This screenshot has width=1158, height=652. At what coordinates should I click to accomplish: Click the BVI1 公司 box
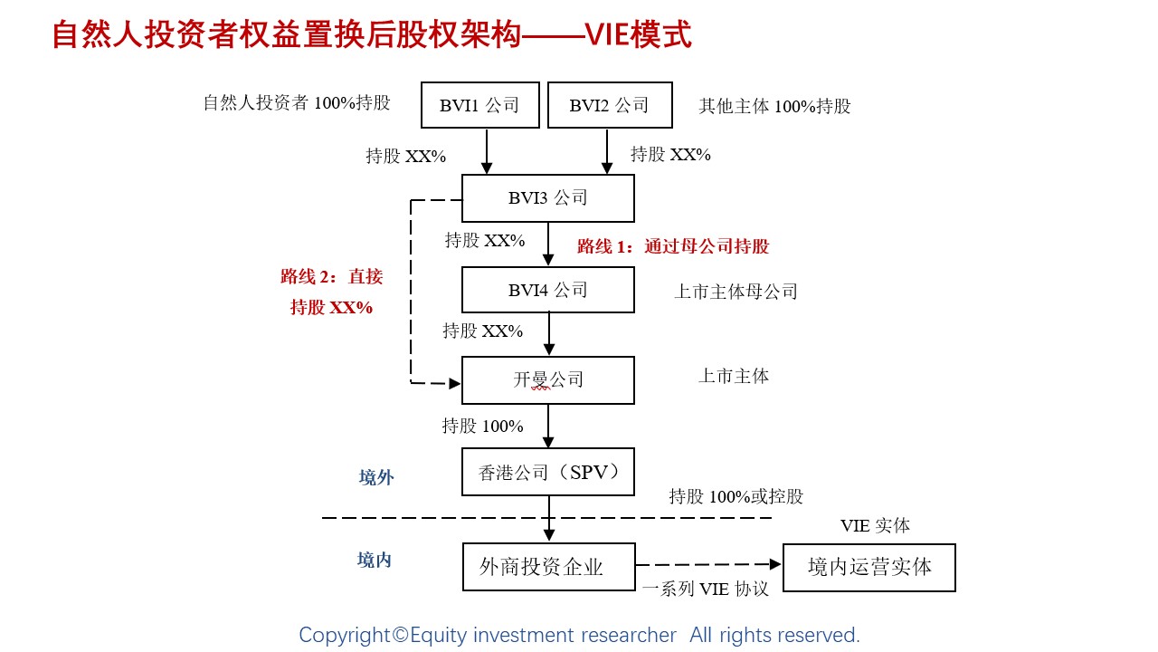click(480, 105)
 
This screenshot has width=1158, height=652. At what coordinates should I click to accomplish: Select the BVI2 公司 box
click(610, 105)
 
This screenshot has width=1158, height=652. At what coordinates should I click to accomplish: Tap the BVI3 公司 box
click(548, 198)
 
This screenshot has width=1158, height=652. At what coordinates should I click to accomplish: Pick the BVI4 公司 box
click(548, 290)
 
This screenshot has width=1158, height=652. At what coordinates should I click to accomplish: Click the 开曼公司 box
click(548, 380)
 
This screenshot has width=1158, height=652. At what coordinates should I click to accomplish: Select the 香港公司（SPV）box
click(548, 472)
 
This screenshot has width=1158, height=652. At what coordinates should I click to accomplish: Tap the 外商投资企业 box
click(548, 567)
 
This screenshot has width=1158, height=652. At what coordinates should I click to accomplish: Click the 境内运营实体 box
click(868, 567)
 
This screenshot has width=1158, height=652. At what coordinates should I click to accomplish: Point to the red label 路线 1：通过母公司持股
click(673, 246)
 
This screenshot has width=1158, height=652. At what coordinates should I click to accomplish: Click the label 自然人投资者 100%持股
click(297, 103)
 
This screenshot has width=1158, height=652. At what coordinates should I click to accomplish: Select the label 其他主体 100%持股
click(774, 106)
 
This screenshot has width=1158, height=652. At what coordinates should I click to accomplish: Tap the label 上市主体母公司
click(736, 292)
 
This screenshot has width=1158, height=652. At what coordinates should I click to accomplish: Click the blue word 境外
click(376, 478)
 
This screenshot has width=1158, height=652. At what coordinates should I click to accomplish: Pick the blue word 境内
click(375, 561)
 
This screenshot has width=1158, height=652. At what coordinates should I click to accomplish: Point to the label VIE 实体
click(875, 525)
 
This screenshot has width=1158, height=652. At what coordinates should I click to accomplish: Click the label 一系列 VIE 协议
click(705, 589)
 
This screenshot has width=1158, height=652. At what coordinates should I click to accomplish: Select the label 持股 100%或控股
click(736, 496)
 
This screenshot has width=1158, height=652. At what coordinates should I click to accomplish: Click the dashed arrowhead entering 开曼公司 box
click(455, 383)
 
